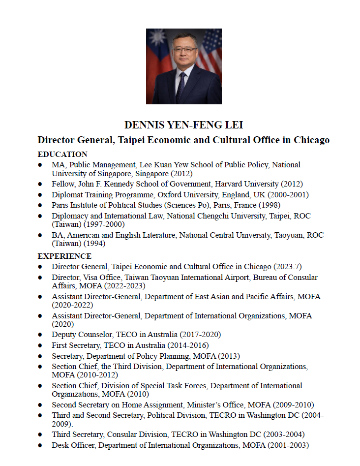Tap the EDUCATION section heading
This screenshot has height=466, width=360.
pyautogui.click(x=62, y=154)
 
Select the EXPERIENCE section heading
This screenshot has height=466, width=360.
pyautogui.click(x=64, y=256)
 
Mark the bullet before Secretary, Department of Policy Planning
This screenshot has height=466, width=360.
pyautogui.click(x=40, y=356)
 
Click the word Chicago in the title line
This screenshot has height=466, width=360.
pyautogui.click(x=311, y=140)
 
